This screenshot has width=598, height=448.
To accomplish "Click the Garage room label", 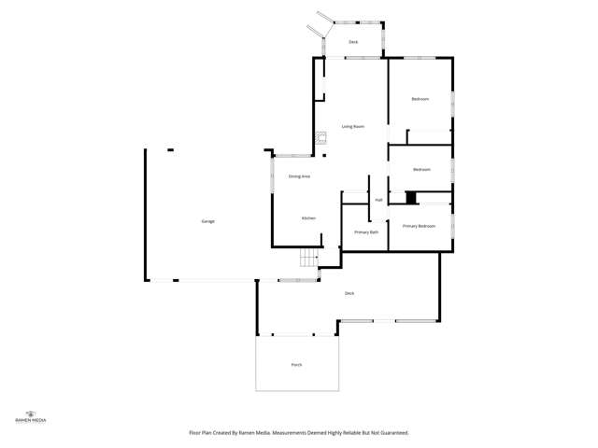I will tap(207, 221).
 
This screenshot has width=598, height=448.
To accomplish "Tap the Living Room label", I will tap(352, 126).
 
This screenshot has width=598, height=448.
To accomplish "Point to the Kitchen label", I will tap(308, 218).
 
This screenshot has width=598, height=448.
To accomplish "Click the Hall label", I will tap(378, 200).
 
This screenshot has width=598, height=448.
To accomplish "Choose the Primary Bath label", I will tap(366, 231).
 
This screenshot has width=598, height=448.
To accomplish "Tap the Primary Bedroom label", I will tap(420, 226).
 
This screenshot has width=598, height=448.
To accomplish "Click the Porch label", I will tap(296, 364).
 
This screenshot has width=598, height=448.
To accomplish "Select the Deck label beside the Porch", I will tap(349, 293).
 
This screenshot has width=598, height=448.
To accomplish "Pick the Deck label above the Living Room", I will tap(353, 42).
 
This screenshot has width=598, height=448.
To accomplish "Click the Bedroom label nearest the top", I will tap(420, 99).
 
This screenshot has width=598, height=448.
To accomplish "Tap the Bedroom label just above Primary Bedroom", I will tap(421, 169).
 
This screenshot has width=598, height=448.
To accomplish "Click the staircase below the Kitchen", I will tap(308, 259).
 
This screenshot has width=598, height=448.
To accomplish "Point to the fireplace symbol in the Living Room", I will tap(320, 137).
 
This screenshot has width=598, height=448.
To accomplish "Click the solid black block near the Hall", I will tap(410, 197).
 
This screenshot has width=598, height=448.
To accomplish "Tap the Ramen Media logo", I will tap(31, 416).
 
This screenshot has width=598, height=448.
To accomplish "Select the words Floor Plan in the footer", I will tap(200, 433).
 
